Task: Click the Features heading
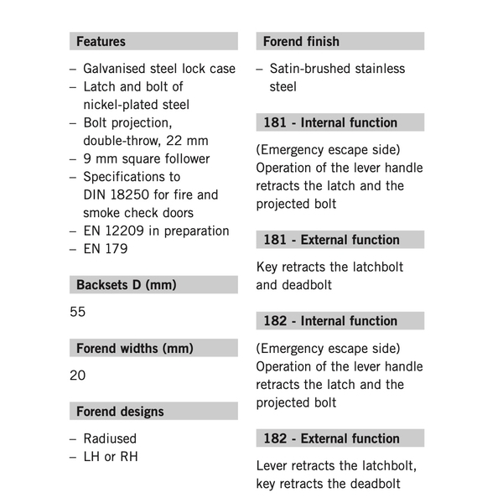pyautogui.click(x=101, y=41)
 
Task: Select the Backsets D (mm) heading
pyautogui.click(x=127, y=285)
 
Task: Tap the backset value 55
pyautogui.click(x=78, y=312)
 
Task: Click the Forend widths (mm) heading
pyautogui.click(x=135, y=348)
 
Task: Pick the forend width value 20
pyautogui.click(x=78, y=375)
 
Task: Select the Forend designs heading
pyautogui.click(x=120, y=412)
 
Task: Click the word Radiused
pyautogui.click(x=109, y=438)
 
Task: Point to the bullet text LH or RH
pyautogui.click(x=111, y=457)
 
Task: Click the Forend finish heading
pyautogui.click(x=301, y=41)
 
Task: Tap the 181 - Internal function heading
pyautogui.click(x=330, y=122)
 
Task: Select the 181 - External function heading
pyautogui.click(x=331, y=240)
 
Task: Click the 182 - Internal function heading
pyautogui.click(x=330, y=321)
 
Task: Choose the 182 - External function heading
pyautogui.click(x=331, y=438)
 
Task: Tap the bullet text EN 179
pyautogui.click(x=106, y=249)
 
